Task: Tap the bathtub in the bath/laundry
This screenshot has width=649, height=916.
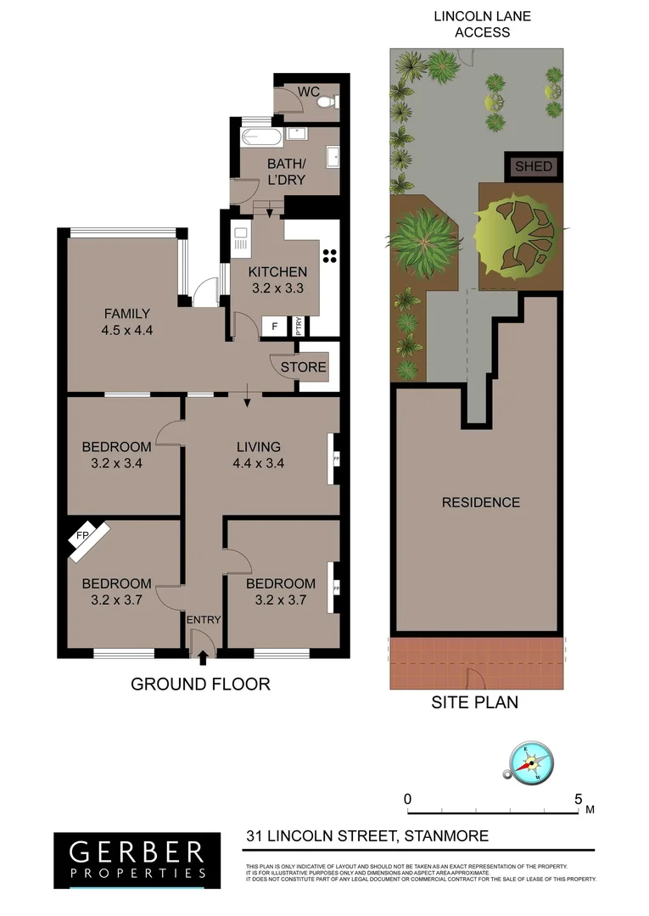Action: point(262,138)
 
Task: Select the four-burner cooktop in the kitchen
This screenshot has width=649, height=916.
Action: point(329,257)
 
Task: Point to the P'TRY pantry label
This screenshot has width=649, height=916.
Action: point(298,327)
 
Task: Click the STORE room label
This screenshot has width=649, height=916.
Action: point(303,367)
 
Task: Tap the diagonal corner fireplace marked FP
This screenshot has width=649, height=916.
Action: point(88,540)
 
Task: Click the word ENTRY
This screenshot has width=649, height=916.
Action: point(204,620)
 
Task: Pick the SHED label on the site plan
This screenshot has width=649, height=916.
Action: point(534,167)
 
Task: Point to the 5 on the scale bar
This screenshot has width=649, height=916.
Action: point(579,799)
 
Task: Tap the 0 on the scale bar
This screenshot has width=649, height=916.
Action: point(407,799)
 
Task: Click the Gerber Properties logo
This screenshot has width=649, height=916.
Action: point(137,858)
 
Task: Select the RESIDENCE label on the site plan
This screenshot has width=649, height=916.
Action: point(481,502)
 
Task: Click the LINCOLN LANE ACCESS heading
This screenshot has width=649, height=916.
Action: point(472,24)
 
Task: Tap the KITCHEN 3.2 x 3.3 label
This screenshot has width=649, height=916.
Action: point(278,280)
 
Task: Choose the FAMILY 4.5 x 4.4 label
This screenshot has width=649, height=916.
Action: point(127,321)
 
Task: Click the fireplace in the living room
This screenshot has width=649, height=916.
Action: point(335,459)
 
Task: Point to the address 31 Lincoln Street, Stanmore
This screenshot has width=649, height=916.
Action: point(367,836)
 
